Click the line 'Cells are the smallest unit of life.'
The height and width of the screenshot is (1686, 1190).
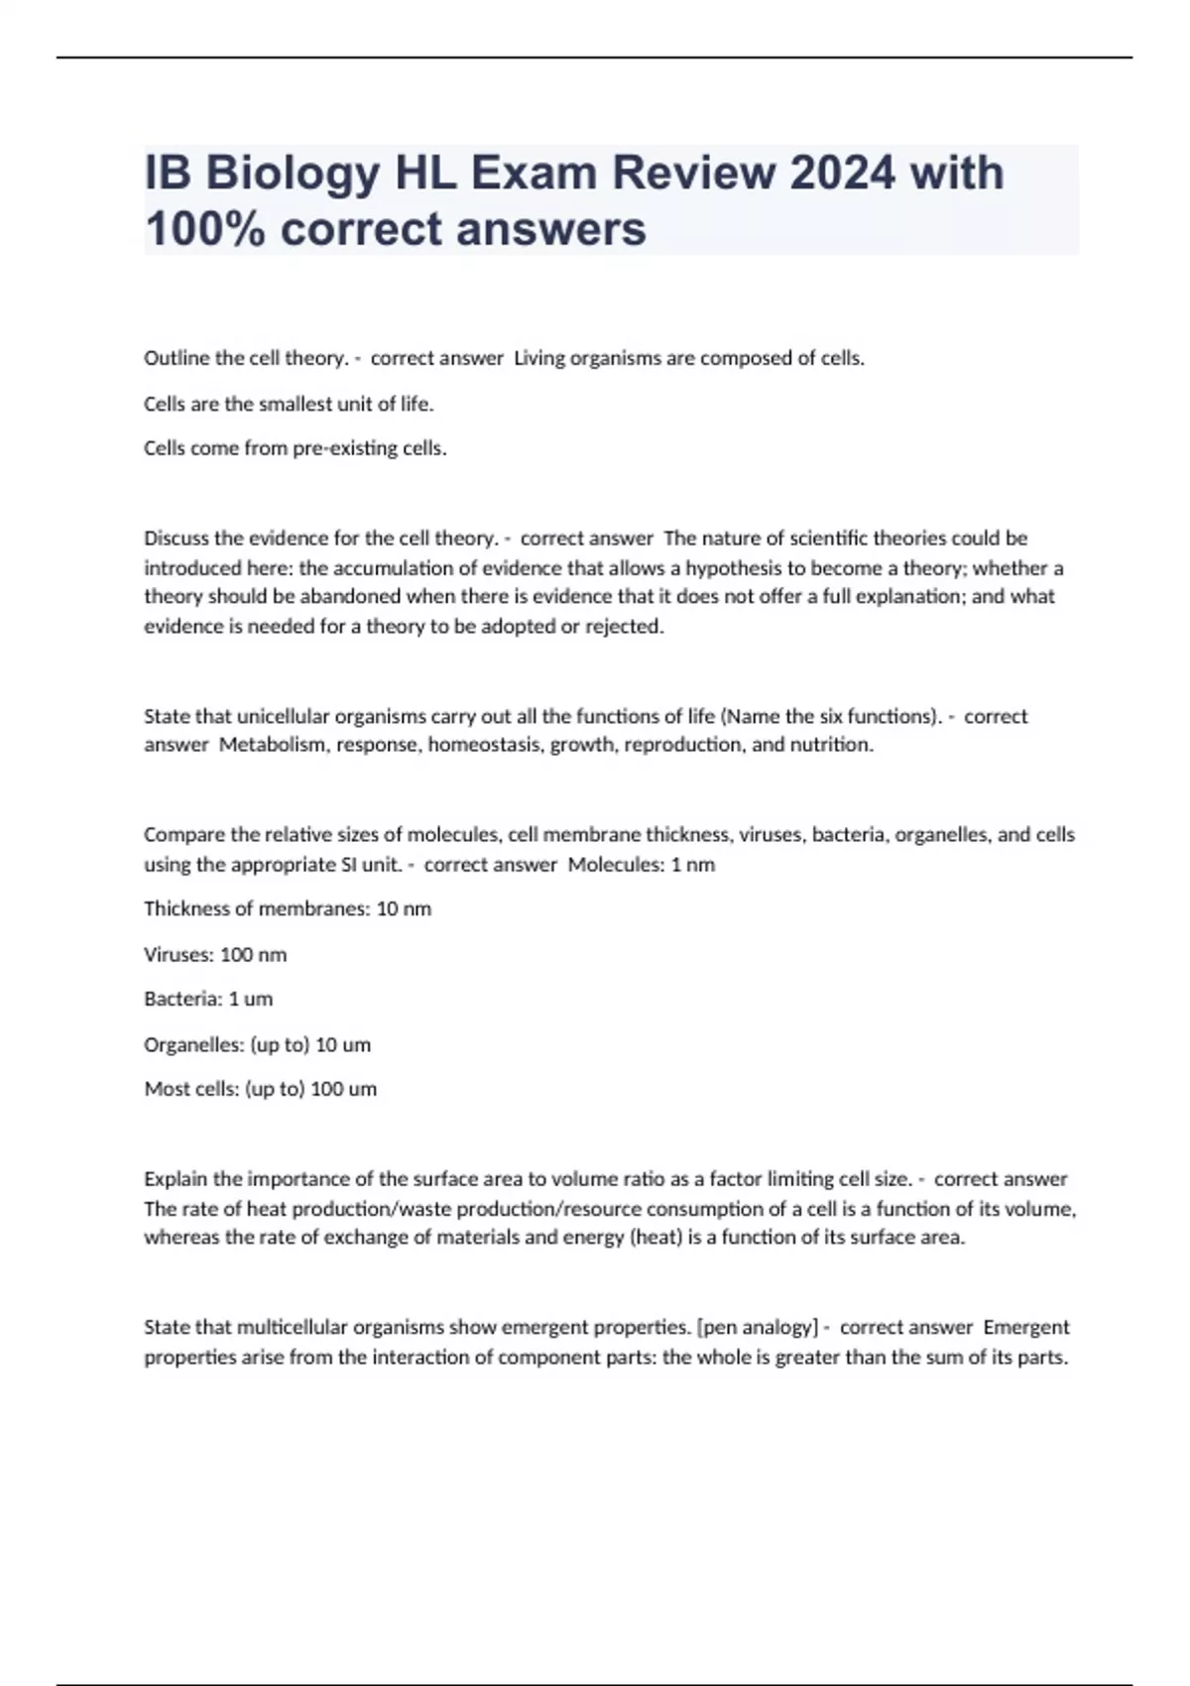point(289,404)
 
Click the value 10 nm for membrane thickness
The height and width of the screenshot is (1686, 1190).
point(404,908)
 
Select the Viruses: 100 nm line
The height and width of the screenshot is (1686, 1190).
point(215,954)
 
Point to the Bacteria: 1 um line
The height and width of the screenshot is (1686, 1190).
point(208,999)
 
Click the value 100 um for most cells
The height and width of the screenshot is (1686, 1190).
point(343,1089)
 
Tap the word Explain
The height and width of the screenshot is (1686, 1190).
point(176,1179)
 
